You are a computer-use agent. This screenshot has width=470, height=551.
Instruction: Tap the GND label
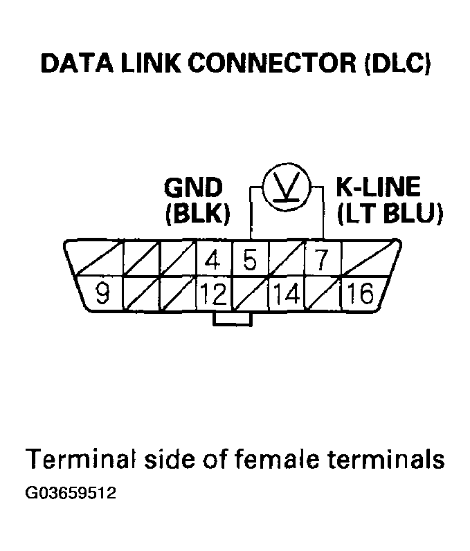coord(194,187)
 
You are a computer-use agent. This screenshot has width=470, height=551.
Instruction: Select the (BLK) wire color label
coord(197,214)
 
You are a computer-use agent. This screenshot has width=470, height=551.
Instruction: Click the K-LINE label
coord(378,187)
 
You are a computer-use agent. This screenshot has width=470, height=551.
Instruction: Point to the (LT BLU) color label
coord(389,214)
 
